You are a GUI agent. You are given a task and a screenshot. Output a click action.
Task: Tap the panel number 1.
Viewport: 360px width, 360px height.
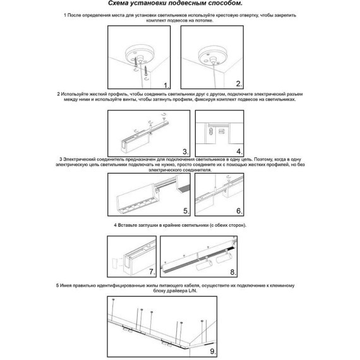pos(166,85)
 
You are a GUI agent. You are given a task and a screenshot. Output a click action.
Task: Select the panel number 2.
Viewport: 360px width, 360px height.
pos(239,84)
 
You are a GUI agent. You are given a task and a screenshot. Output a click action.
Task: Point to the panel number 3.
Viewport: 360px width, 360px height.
pos(186,152)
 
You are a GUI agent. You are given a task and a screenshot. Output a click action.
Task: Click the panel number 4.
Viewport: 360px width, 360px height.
pos(239,152)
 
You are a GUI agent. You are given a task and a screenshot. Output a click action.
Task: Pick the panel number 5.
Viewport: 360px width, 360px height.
pos(186,211)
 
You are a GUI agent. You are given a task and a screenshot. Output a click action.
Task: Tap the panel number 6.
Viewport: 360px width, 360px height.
pos(239,211)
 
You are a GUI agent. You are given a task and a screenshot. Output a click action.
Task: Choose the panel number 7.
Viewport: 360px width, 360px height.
pos(152,272)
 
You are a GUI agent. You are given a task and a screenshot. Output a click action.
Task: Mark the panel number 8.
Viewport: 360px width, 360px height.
pos(233,272)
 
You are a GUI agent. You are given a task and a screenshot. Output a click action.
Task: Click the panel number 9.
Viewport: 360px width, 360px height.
pos(213,351)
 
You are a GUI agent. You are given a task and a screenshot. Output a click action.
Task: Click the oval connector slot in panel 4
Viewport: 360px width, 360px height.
pos(211,132)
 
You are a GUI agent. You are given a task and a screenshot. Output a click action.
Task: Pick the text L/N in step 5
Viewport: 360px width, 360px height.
pos(193,291)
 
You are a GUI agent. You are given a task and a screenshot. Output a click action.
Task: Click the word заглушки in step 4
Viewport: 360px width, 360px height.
pos(148,225)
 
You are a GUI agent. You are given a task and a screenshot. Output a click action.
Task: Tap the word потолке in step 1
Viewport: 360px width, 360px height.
pos(204,20)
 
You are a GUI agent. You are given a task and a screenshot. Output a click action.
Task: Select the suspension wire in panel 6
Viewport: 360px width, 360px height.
pos(215,181)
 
